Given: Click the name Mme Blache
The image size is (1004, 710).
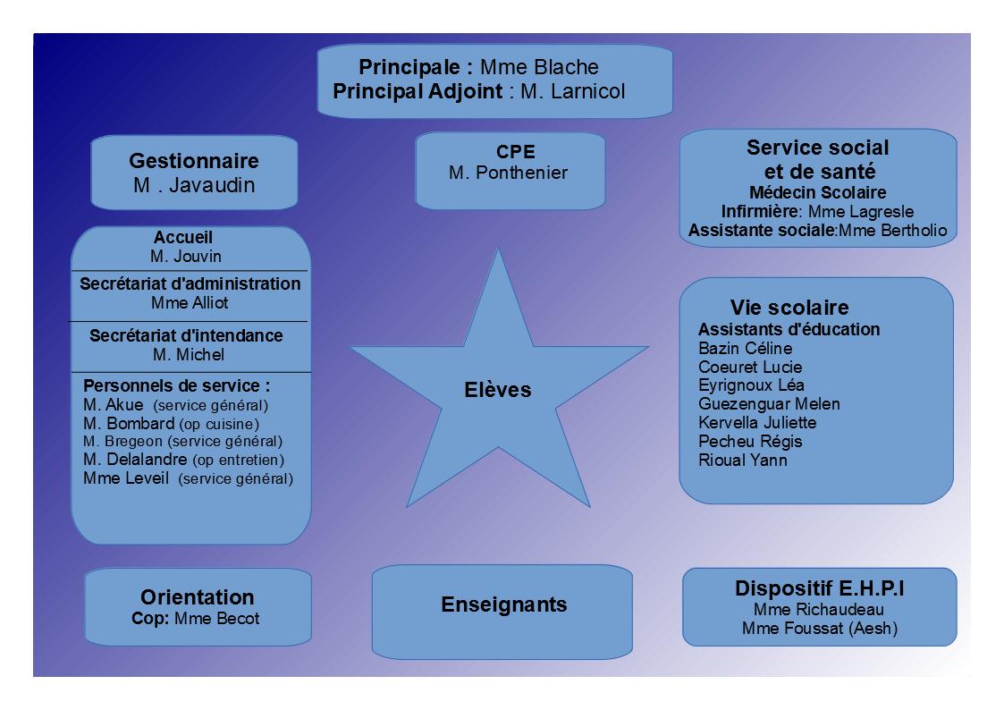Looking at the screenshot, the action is (539, 67).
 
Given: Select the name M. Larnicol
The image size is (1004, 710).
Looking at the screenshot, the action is (572, 91).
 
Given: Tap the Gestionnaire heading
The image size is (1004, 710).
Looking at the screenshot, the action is (194, 161).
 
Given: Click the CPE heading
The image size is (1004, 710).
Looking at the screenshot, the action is (516, 152).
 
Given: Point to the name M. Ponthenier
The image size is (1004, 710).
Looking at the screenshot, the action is (509, 173).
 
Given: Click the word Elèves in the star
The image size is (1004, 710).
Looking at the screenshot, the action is (497, 390).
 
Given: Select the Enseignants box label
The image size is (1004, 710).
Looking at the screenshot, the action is (504, 604).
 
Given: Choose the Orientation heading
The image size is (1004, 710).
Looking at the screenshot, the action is (198, 597).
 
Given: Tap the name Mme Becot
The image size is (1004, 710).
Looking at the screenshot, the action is (216, 619).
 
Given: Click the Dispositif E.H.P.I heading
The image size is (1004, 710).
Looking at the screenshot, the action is (820, 588).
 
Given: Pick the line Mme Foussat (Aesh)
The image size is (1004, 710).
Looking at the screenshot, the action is (820, 629).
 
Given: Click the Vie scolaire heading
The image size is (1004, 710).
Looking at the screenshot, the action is (789, 308).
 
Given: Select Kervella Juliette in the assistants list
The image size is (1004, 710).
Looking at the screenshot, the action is (757, 423).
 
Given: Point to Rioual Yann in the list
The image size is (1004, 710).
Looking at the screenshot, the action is (743, 461).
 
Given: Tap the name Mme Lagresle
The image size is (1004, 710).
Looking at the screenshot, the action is (861, 212).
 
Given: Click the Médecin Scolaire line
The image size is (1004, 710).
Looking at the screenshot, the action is (818, 193).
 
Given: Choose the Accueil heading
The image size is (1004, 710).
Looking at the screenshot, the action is (183, 238).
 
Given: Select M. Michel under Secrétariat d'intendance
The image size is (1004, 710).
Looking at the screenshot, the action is (189, 355).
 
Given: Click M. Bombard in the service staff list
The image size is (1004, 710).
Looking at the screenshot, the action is (129, 424).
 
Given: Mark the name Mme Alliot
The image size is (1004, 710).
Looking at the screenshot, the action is (190, 303).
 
